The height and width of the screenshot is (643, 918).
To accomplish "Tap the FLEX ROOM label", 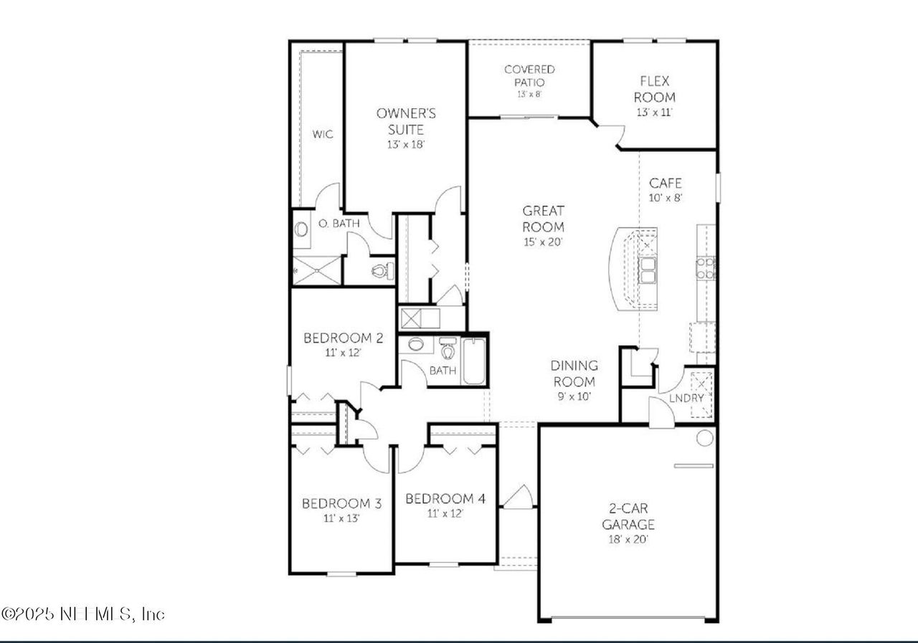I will click(656, 90).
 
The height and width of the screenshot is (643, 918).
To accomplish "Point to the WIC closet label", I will click(323, 134).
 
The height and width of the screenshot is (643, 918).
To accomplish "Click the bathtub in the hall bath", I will click(473, 362).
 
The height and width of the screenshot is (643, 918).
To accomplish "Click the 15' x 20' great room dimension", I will click(543, 242).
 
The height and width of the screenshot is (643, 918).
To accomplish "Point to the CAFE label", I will click(665, 184).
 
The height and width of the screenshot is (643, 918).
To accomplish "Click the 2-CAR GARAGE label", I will click(628, 516).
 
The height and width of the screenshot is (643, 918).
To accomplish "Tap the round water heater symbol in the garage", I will click(704, 437).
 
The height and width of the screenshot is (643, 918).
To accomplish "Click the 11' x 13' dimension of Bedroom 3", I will click(341, 518).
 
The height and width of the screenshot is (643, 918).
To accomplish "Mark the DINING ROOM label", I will click(574, 374).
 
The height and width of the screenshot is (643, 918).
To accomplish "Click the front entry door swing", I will click(517, 497).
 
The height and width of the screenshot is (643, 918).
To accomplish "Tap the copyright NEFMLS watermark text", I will click(83, 614).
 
